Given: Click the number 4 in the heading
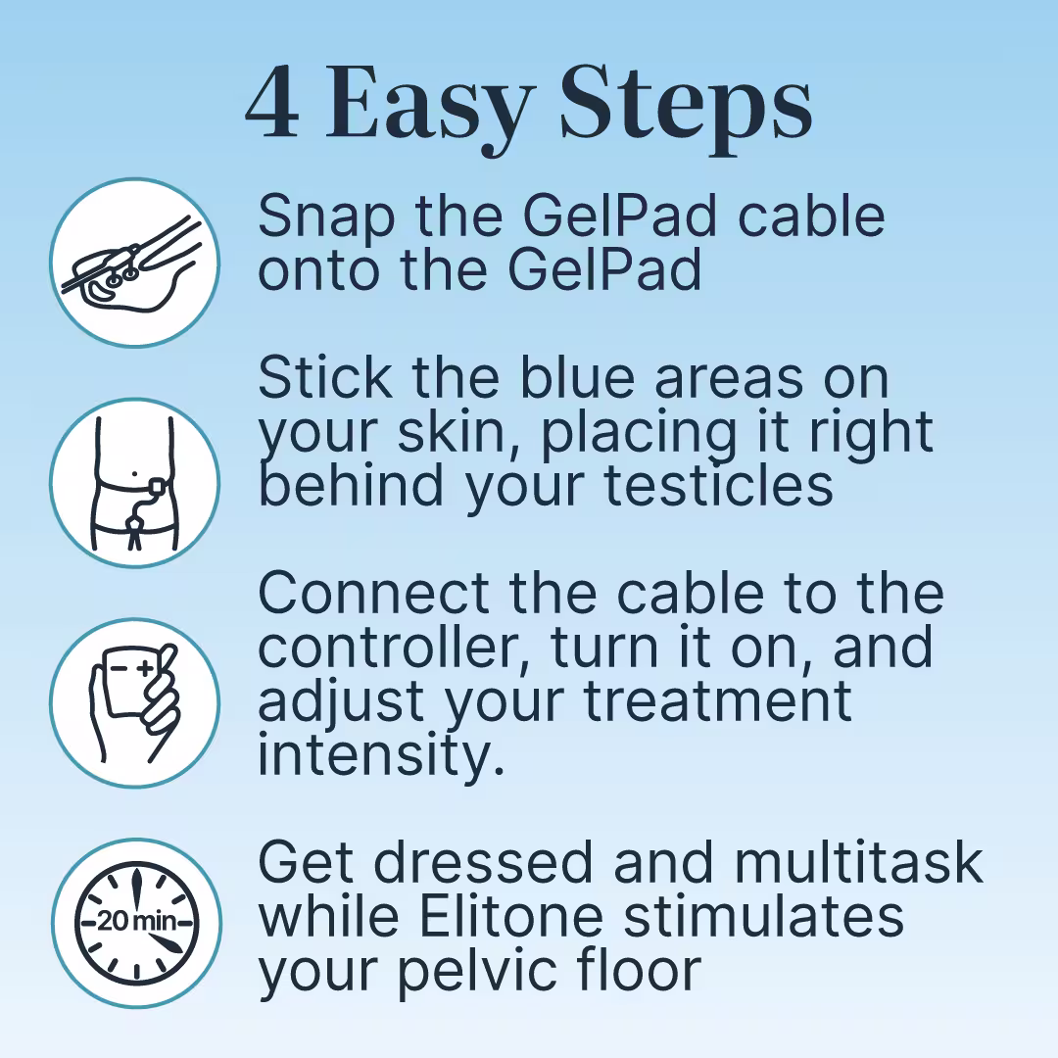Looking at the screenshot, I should [x=272, y=103].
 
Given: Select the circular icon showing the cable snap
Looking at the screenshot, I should [x=135, y=263].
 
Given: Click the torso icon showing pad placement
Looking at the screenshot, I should [x=135, y=483].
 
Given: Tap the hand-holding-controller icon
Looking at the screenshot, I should [x=135, y=703].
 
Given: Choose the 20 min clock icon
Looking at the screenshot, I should [x=135, y=924].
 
